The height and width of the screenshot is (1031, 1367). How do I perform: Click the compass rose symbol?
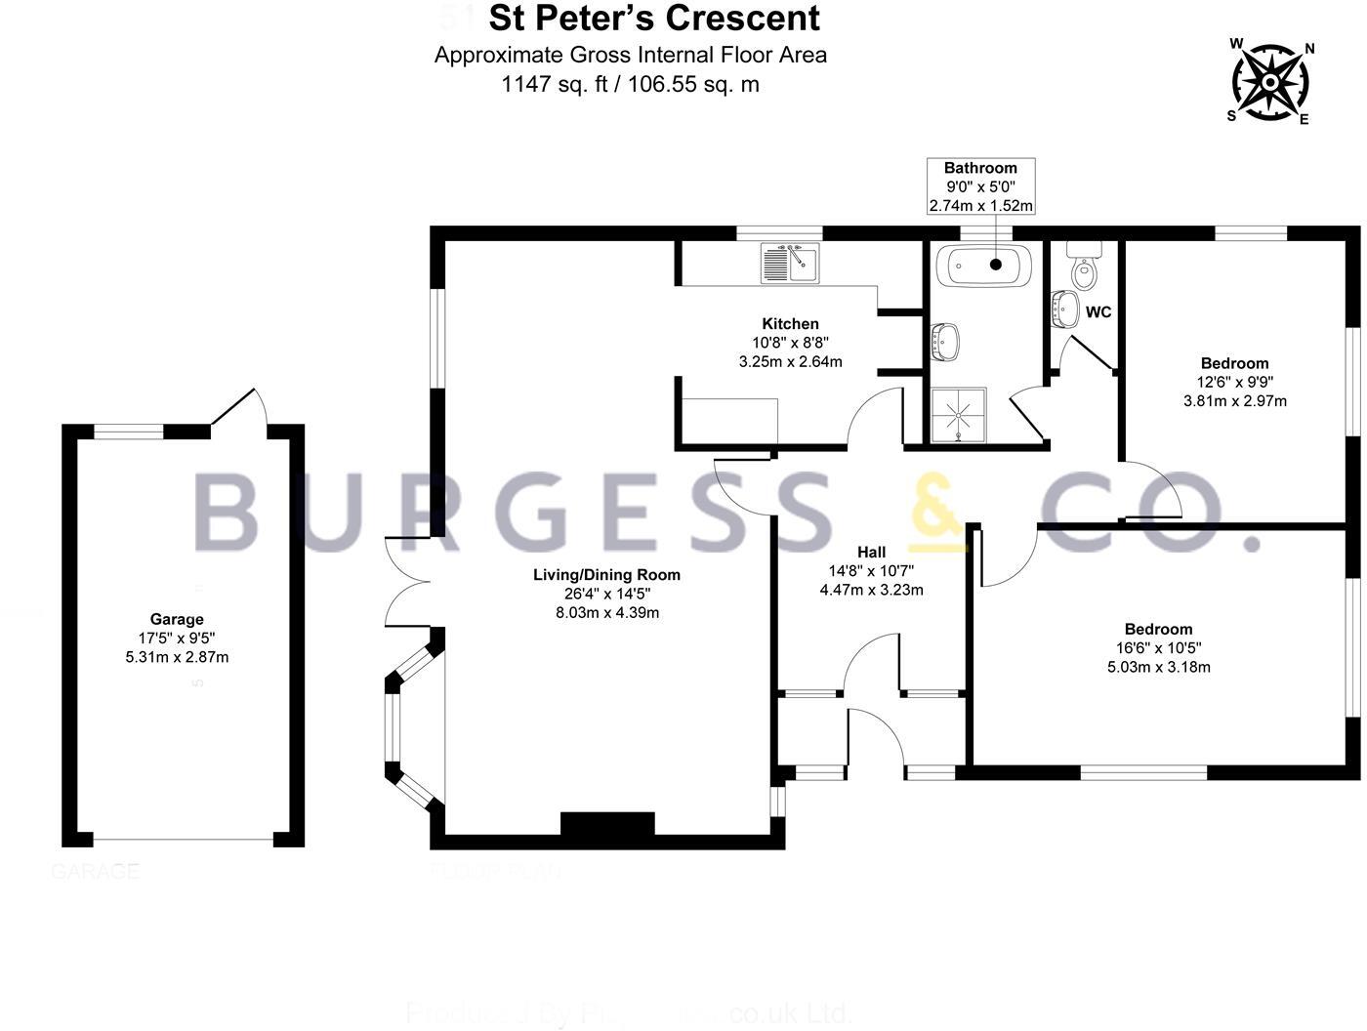pos(1269,82)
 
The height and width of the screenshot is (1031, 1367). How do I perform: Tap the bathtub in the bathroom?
pos(981,265)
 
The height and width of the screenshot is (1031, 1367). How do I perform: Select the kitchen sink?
pos(791,263)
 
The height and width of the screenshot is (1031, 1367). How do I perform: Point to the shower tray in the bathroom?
pos(959,414)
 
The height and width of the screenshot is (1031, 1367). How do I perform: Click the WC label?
pos(1098,313)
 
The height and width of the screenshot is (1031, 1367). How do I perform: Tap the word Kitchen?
pos(790,324)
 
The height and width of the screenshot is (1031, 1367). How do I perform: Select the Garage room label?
pos(177,619)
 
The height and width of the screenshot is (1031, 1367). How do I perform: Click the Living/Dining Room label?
pos(606,575)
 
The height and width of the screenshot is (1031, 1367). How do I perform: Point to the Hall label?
pos(871,553)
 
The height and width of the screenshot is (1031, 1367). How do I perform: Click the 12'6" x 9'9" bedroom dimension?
pos(1234,383)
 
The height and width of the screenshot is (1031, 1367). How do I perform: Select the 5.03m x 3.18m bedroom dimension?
pos(1158,668)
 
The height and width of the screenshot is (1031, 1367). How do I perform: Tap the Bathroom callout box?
pos(980,186)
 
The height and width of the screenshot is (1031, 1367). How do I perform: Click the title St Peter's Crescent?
pos(653,19)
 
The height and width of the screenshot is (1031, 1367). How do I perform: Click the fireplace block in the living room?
pos(606,825)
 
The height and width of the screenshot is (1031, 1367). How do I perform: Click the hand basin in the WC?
pos(1063,309)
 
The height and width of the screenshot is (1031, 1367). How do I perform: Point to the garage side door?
pos(236,408)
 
